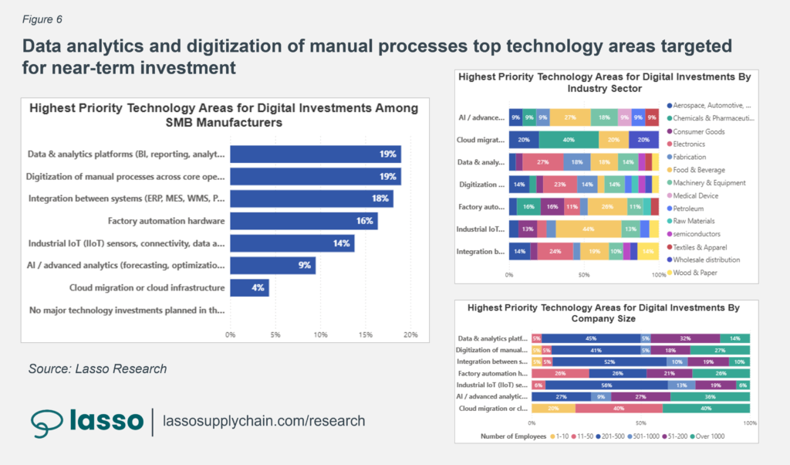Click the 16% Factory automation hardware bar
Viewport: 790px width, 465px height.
(304, 221)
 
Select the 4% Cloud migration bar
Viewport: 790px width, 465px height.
(249, 287)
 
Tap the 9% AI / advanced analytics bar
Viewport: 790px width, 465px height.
(272, 265)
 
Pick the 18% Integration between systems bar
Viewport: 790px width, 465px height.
(312, 199)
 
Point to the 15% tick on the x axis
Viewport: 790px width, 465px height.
(365, 334)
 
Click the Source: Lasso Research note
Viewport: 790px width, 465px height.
(97, 368)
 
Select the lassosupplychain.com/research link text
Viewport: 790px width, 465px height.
(264, 421)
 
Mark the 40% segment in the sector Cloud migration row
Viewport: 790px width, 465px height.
(569, 140)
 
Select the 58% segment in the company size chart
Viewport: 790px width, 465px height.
(606, 385)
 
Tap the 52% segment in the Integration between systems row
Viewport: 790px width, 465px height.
(609, 361)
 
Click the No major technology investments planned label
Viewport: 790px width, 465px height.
(127, 310)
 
